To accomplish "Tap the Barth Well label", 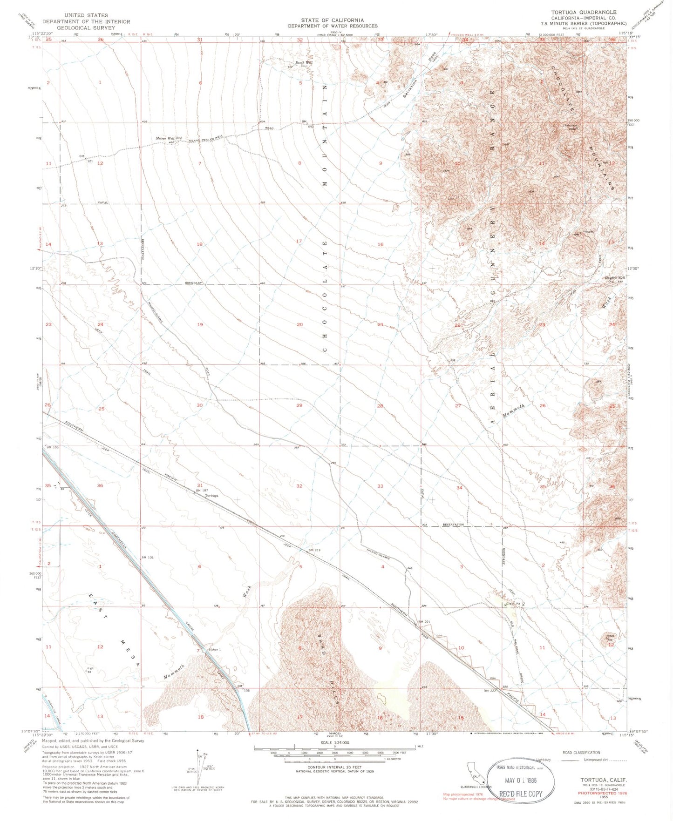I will pos(303,63).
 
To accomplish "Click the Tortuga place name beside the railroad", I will pos(211,496).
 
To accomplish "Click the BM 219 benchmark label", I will pos(314,550).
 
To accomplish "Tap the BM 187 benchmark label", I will pos(201,491).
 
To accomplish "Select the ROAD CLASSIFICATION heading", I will pos(581,753).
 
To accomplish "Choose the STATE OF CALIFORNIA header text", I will pos(332,20).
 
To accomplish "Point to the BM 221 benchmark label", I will pos(424,622).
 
